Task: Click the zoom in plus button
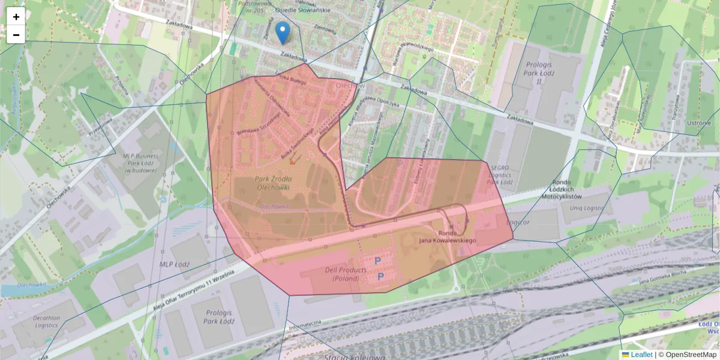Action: pos(16,17)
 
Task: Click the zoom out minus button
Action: pos(16,35)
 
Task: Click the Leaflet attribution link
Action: pos(641,355)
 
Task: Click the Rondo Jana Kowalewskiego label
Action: pos(448,237)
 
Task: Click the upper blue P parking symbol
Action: pos(378,261)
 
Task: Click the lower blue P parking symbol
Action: pos(380,277)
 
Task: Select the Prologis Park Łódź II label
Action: pos(542,73)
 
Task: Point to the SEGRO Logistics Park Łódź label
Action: pos(499,175)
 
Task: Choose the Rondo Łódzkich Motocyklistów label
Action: pos(562,190)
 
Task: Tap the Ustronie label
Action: pos(699,123)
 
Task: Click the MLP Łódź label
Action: pos(174,264)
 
